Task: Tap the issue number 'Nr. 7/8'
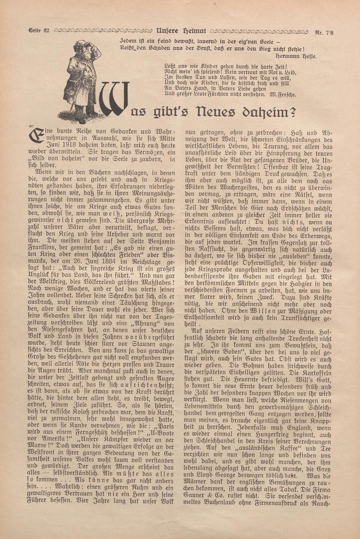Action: [x=324, y=32]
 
